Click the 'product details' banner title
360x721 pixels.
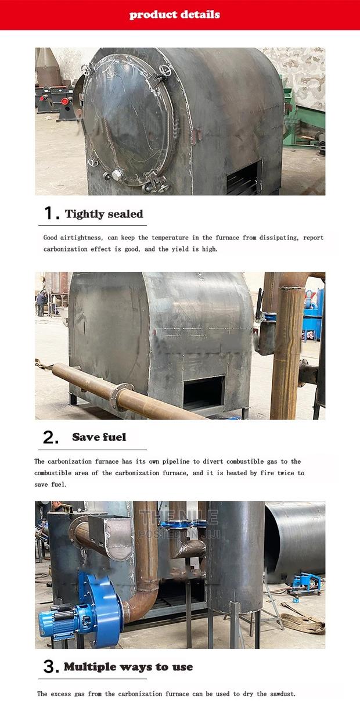tap(175, 15)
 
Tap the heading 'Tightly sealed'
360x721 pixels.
tap(104, 214)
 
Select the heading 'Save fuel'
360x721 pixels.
tap(99, 437)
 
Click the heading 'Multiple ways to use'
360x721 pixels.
tap(128, 666)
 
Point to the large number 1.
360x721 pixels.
tap(52, 214)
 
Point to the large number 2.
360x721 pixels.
tap(51, 437)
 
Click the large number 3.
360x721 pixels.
tap(51, 667)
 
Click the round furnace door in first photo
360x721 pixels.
tap(125, 119)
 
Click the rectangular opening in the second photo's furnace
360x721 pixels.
tap(204, 392)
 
